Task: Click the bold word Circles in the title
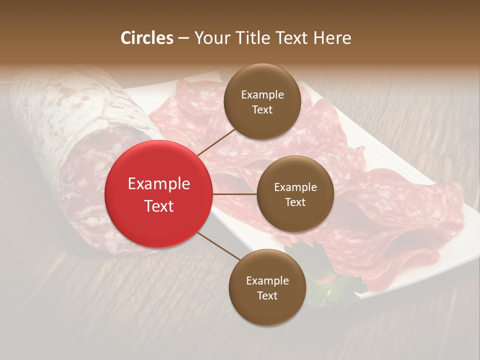click(x=146, y=38)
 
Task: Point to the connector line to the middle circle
click(x=234, y=194)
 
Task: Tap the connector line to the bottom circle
click(x=218, y=246)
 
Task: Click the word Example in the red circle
click(x=158, y=184)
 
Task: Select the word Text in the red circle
click(x=158, y=206)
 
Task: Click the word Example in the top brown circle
click(x=262, y=95)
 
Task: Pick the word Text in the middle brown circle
click(x=295, y=202)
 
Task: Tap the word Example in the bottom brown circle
click(x=267, y=281)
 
